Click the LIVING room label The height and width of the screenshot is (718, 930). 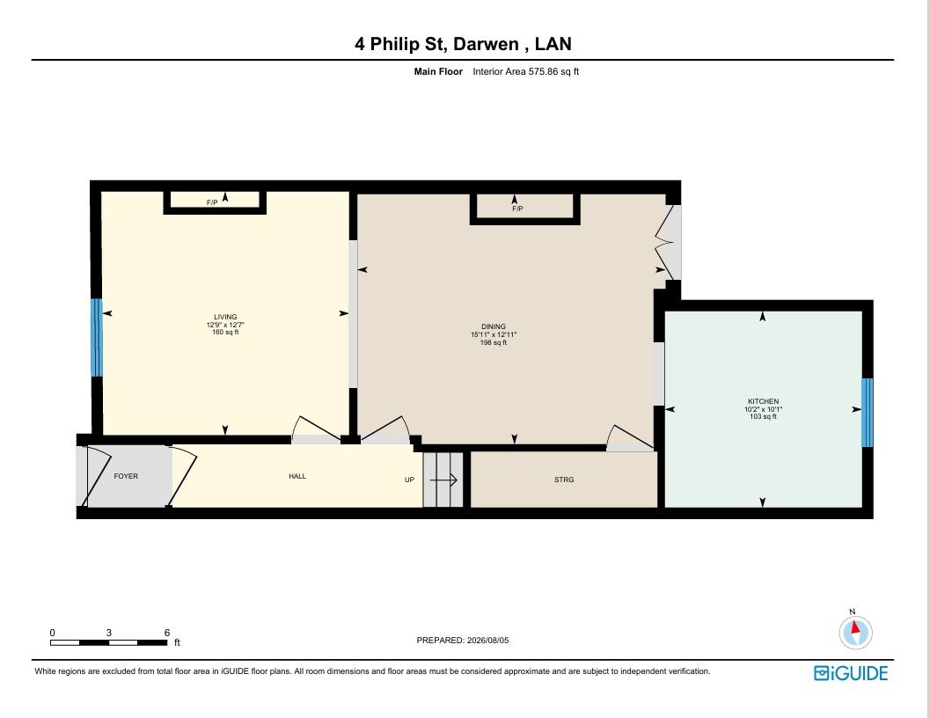point(225,317)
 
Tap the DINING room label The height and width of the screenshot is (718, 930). point(494,326)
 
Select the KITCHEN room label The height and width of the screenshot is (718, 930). point(764,401)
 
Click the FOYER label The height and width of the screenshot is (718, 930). point(126,476)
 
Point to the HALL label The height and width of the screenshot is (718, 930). point(297,476)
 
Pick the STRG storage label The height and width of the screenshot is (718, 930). point(564,480)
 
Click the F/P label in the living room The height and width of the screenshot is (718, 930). point(212,202)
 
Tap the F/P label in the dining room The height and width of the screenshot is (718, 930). point(517,209)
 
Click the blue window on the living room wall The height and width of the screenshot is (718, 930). point(96,337)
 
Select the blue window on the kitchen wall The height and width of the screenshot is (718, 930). point(868,413)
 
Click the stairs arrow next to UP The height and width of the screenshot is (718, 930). point(443,480)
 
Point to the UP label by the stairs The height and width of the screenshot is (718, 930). point(409,480)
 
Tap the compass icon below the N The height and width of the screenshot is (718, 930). point(856,634)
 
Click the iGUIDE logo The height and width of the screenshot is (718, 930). point(851,673)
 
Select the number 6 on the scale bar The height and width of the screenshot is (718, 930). point(167,633)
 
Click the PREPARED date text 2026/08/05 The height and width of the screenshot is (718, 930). point(487,641)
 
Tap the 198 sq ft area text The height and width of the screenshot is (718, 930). point(494,342)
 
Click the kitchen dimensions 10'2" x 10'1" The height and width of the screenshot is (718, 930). point(764,409)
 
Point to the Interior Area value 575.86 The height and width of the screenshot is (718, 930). point(543,72)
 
